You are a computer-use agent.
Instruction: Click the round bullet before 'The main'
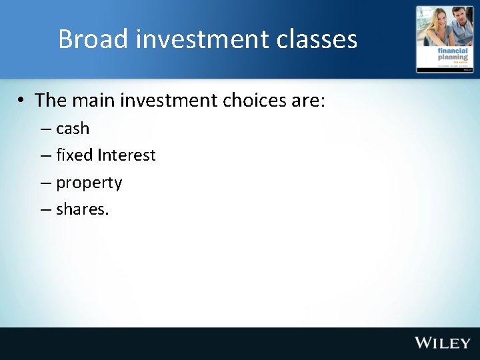(22, 101)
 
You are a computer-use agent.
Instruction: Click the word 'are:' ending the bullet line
(309, 100)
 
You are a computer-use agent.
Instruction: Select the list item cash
(73, 128)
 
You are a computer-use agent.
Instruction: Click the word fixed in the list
(75, 155)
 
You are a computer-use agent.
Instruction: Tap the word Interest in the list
(127, 155)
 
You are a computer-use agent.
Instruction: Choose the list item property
(89, 183)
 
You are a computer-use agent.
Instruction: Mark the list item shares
(83, 209)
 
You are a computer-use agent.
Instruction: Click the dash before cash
(45, 128)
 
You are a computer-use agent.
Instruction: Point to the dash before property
(45, 183)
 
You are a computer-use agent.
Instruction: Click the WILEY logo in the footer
(443, 343)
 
